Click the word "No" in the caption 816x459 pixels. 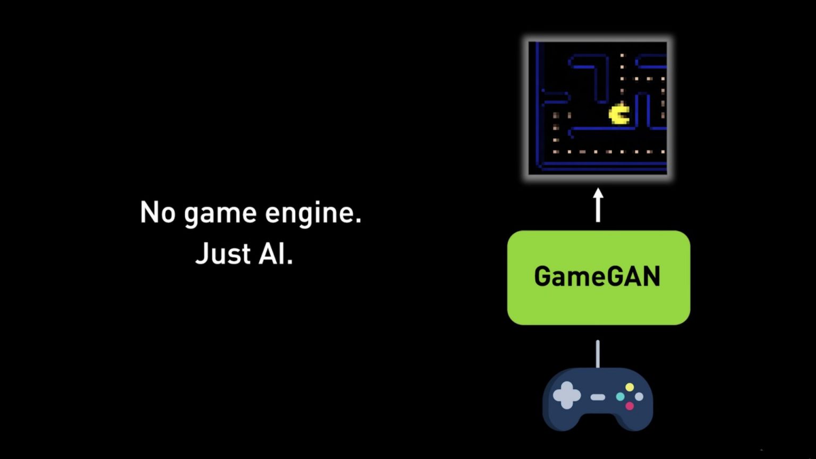coord(158,212)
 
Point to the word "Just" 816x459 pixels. coord(223,253)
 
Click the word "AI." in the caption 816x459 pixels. coord(275,253)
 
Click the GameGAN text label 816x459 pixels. coord(598,276)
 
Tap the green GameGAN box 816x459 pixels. coord(599,278)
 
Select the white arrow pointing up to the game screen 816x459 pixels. coord(598,205)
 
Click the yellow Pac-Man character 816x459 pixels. coord(619,114)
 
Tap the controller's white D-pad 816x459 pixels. coord(567,396)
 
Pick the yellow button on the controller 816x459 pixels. coord(630,387)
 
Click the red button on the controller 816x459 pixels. coord(630,406)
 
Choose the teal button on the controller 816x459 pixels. coord(620,396)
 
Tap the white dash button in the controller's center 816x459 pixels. coord(598,397)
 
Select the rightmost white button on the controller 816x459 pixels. coord(639,396)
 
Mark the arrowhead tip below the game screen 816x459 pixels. coord(598,189)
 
